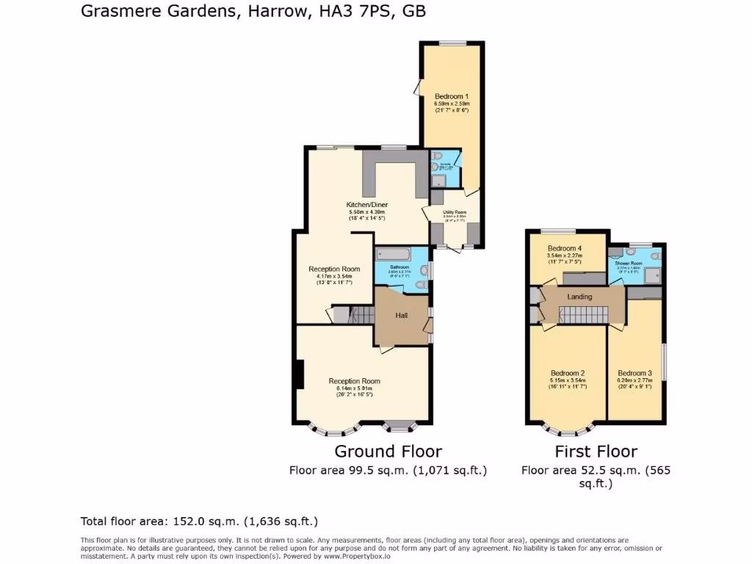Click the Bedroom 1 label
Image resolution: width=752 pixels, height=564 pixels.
[x=451, y=96]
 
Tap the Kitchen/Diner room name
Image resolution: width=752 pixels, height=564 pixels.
[x=367, y=205]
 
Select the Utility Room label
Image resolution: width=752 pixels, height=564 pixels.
[x=455, y=212]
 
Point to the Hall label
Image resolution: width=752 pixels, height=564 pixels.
[x=402, y=315]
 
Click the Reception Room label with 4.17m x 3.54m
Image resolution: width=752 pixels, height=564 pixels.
[x=334, y=269]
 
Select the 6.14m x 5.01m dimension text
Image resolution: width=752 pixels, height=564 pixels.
[x=354, y=388]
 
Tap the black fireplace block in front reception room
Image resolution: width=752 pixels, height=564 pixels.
[x=298, y=375]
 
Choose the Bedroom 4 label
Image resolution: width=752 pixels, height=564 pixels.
[x=564, y=248]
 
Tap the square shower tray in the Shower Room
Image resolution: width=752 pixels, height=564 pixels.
[x=654, y=275]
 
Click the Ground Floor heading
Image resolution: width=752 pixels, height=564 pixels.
[x=388, y=451]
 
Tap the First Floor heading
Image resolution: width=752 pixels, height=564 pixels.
[x=596, y=451]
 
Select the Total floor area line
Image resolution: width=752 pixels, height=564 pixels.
[x=198, y=521]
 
